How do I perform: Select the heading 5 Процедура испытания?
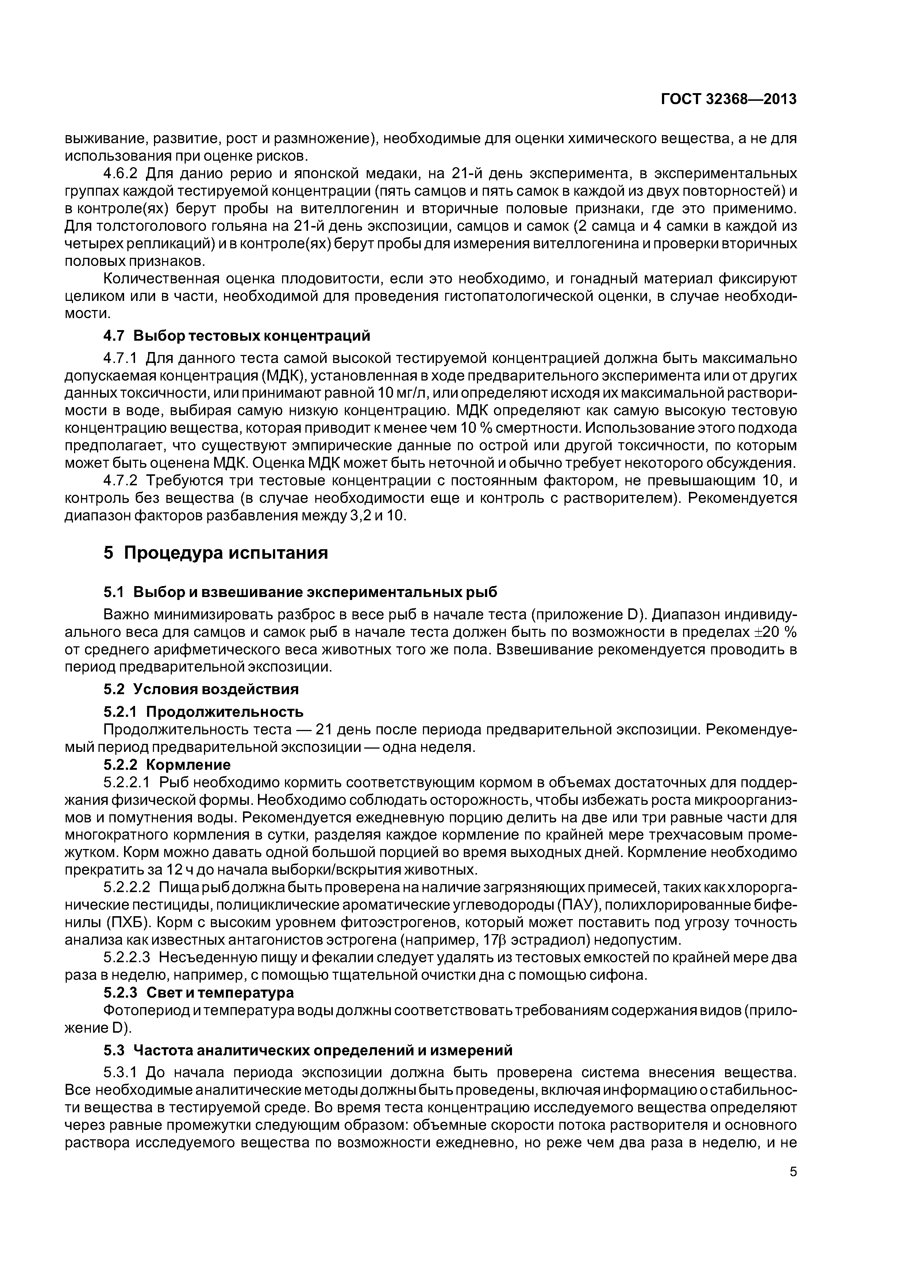coord(216,553)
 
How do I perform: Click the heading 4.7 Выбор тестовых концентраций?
coord(237,336)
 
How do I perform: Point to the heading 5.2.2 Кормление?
coord(167,764)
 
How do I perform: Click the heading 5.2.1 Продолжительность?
coord(204,712)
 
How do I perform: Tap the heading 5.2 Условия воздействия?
coord(201,689)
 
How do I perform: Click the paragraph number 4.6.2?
coord(122,173)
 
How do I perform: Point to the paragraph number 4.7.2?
coord(122,481)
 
